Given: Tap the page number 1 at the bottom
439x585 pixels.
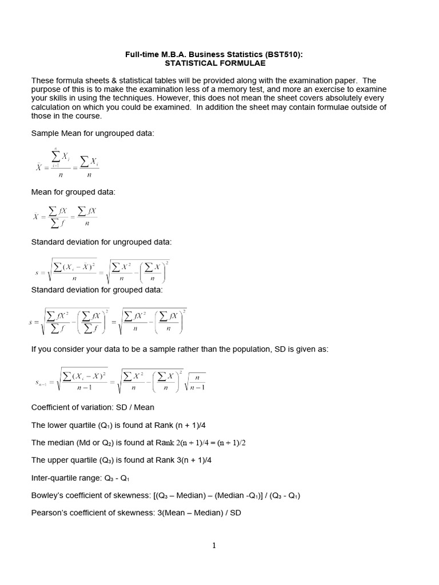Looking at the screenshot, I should (x=214, y=546).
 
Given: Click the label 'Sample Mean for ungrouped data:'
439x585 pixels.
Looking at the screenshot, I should (x=93, y=133).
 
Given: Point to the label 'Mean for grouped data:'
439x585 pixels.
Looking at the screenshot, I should (x=73, y=192).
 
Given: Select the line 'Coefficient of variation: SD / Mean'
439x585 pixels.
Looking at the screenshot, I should (x=93, y=407).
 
